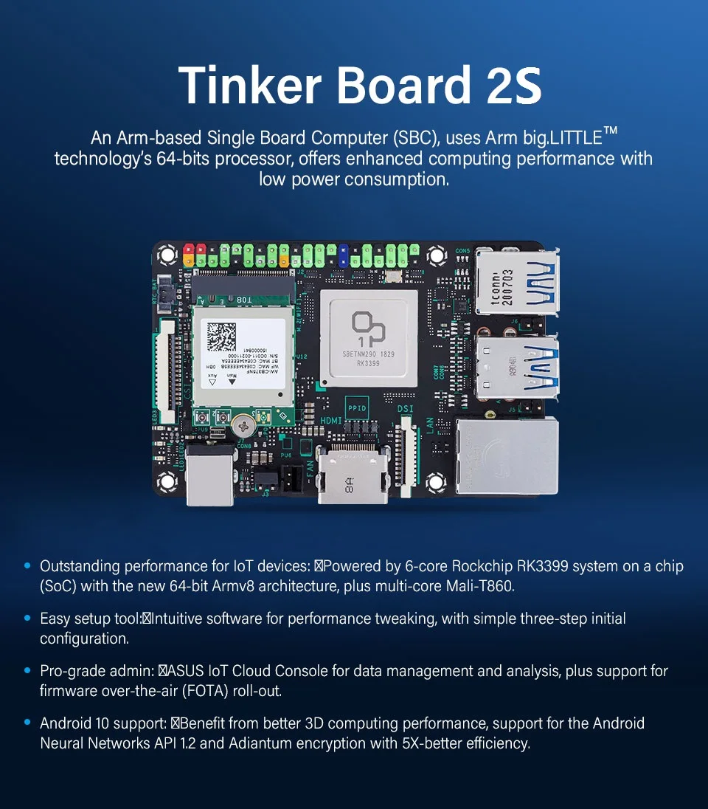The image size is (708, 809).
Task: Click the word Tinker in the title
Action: point(249,85)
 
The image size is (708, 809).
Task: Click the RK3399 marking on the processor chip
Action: point(368,363)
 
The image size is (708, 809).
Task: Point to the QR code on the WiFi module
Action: point(221,337)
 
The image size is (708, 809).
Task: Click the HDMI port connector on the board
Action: point(353,474)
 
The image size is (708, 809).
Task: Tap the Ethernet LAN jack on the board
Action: point(507,456)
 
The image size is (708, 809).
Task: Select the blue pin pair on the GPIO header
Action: point(343,256)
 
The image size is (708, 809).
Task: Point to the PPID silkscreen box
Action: point(357,408)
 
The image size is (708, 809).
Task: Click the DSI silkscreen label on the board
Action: point(406,409)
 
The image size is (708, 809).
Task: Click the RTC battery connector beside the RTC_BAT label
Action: point(164,294)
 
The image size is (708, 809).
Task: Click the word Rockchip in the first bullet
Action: point(482,566)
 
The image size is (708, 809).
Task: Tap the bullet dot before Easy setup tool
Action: point(28,618)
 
